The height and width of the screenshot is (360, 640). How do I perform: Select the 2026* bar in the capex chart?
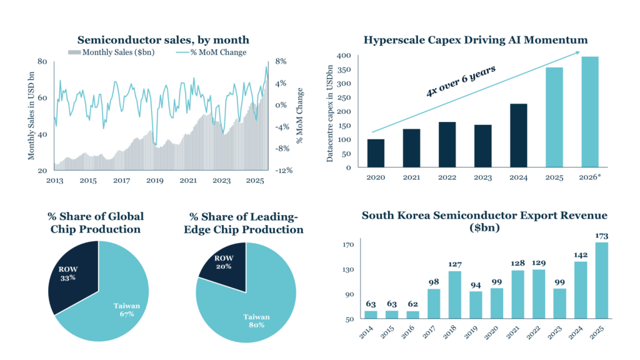coord(590,112)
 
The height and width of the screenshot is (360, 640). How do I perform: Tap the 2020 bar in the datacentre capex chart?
coord(376,153)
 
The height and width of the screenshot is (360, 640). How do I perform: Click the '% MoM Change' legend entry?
coord(211,52)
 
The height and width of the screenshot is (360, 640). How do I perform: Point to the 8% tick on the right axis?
coord(281,61)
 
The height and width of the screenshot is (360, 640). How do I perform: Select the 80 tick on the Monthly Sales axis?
coord(42,61)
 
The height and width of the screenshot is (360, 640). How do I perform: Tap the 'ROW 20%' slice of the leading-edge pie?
coord(223,262)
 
